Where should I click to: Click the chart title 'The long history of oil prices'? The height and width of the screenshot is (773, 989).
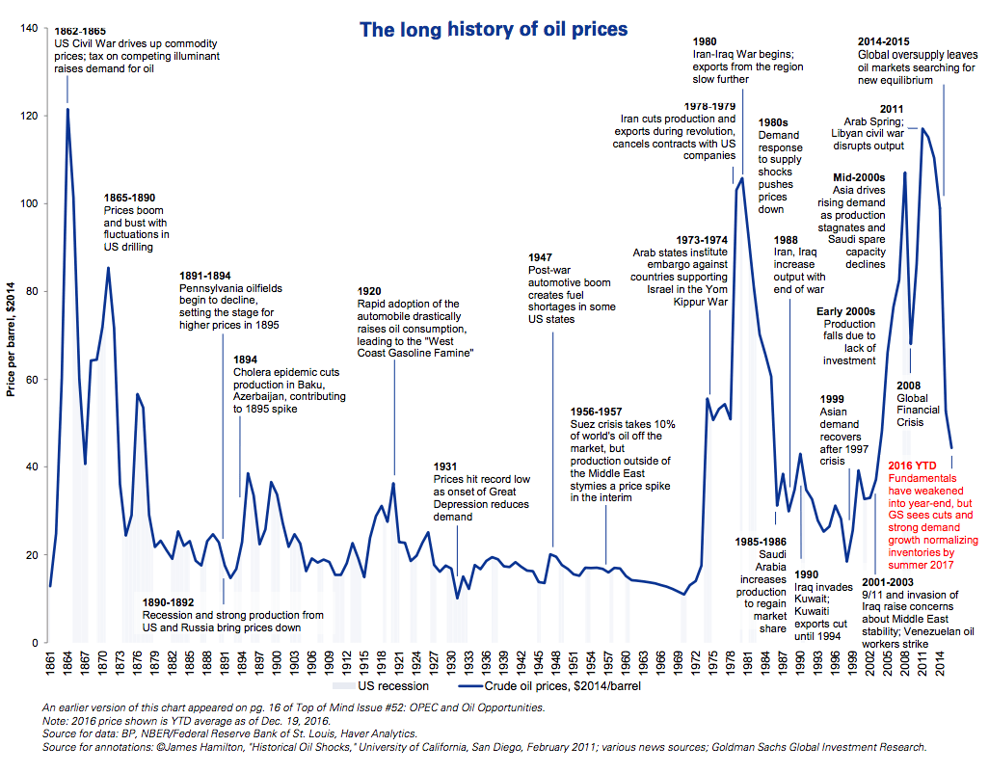click(494, 30)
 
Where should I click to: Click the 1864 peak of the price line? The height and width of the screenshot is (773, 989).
click(67, 110)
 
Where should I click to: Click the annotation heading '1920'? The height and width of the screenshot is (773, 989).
click(370, 291)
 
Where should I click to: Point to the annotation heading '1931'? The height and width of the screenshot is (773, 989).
click(447, 466)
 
